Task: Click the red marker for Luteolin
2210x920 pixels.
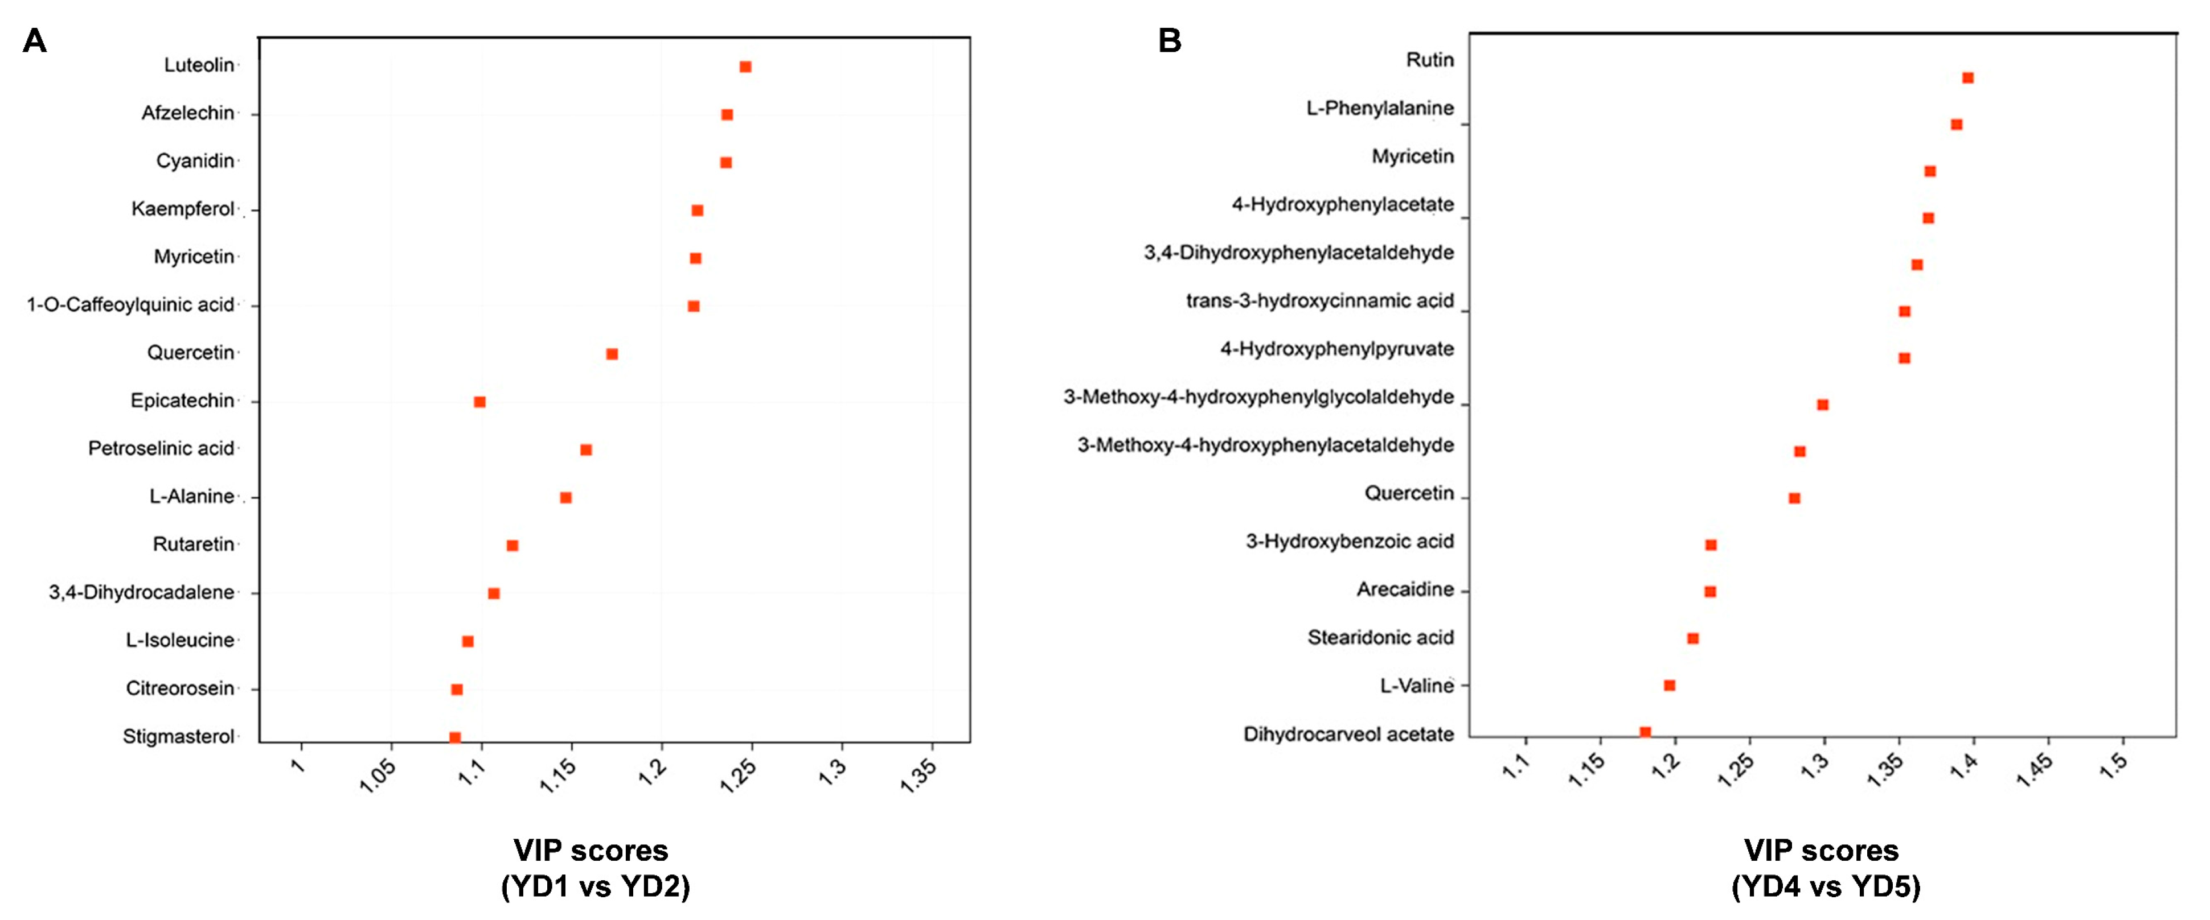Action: pyautogui.click(x=745, y=67)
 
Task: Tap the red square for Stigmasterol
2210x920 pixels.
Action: pyautogui.click(x=454, y=737)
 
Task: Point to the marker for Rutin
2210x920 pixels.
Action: pyautogui.click(x=1967, y=78)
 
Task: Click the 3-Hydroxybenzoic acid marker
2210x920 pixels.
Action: pyautogui.click(x=1711, y=545)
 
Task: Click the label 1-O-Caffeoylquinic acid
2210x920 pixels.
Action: pyautogui.click(x=130, y=305)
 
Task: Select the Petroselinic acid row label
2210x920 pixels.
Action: pyautogui.click(x=161, y=448)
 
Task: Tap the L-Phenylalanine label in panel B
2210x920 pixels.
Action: pyautogui.click(x=1380, y=109)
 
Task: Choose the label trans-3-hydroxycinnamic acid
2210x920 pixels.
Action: pyautogui.click(x=1319, y=301)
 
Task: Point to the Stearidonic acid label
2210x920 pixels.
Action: pyautogui.click(x=1380, y=638)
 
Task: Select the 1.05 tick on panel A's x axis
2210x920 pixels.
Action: pyautogui.click(x=378, y=775)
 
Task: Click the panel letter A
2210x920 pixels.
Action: pyautogui.click(x=34, y=40)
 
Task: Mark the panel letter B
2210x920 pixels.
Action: pyautogui.click(x=1169, y=40)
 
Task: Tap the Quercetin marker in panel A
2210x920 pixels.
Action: pyautogui.click(x=612, y=354)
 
